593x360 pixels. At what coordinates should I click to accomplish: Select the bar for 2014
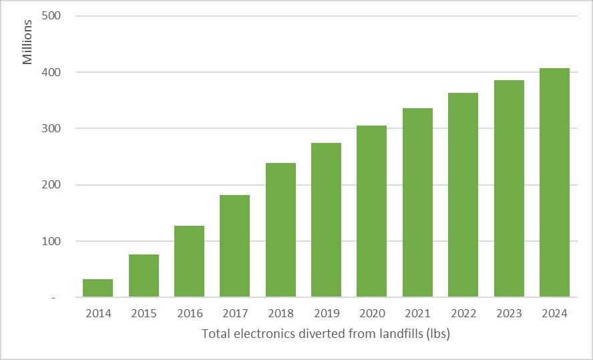coord(97,288)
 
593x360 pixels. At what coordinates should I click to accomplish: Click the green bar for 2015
coord(144,276)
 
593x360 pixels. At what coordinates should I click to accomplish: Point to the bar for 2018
coord(280,230)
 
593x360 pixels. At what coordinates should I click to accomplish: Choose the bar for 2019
coord(326,220)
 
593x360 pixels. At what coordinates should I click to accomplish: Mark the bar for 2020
coord(371,211)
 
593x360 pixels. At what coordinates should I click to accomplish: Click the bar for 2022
coord(463,195)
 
